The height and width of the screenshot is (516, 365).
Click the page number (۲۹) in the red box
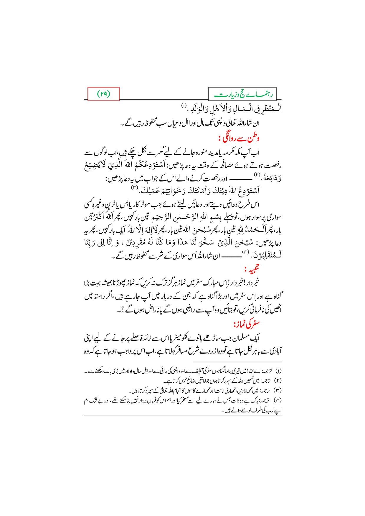[x=103, y=94]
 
